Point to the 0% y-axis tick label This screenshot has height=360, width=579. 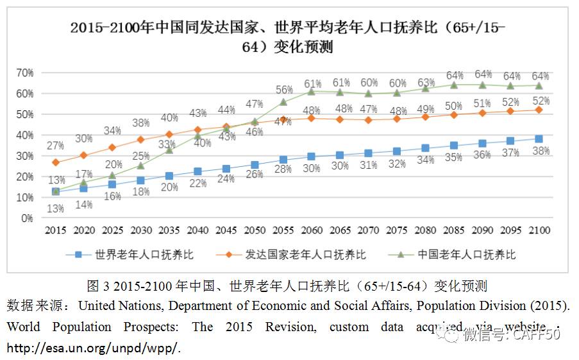pyautogui.click(x=27, y=218)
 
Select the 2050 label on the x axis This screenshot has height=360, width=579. pyautogui.click(x=255, y=230)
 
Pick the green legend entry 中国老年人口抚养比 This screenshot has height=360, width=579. pyautogui.click(x=455, y=255)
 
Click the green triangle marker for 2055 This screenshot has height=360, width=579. pyautogui.click(x=283, y=101)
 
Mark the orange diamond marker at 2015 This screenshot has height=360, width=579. pyautogui.click(x=56, y=162)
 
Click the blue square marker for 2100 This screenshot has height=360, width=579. pyautogui.click(x=539, y=139)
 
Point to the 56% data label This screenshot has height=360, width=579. pyautogui.click(x=283, y=90)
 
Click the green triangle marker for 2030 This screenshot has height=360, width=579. pyautogui.click(x=141, y=166)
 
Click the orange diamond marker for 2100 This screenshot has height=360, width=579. pyautogui.click(x=539, y=110)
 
